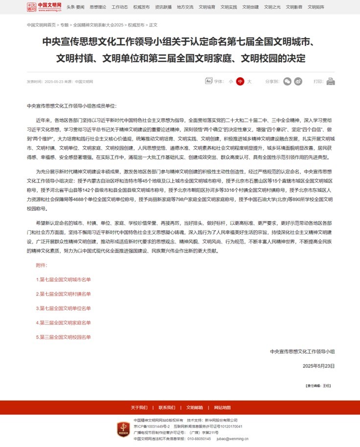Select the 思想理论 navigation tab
click(98, 7)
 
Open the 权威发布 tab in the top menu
click(141, 7)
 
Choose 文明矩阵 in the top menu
click(316, 7)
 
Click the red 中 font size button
click(240, 82)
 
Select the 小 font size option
click(230, 82)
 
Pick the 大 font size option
click(249, 82)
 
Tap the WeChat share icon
click(288, 82)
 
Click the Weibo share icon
click(298, 82)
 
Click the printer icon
click(331, 82)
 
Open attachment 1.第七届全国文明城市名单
click(64, 279)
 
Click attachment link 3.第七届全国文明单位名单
click(64, 308)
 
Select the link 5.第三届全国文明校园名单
click(64, 337)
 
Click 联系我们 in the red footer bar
click(167, 407)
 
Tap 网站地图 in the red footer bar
click(222, 407)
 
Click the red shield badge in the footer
click(123, 429)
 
